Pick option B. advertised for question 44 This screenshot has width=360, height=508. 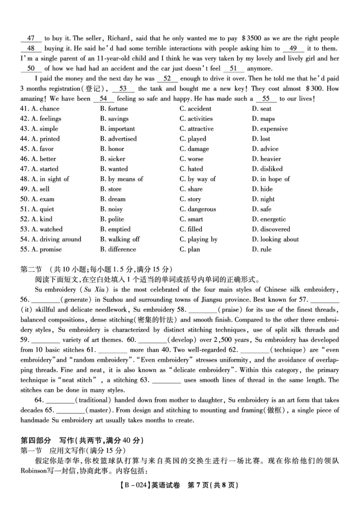coord(118,138)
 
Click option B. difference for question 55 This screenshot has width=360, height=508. coord(118,249)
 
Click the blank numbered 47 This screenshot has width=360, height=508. coord(31,38)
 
